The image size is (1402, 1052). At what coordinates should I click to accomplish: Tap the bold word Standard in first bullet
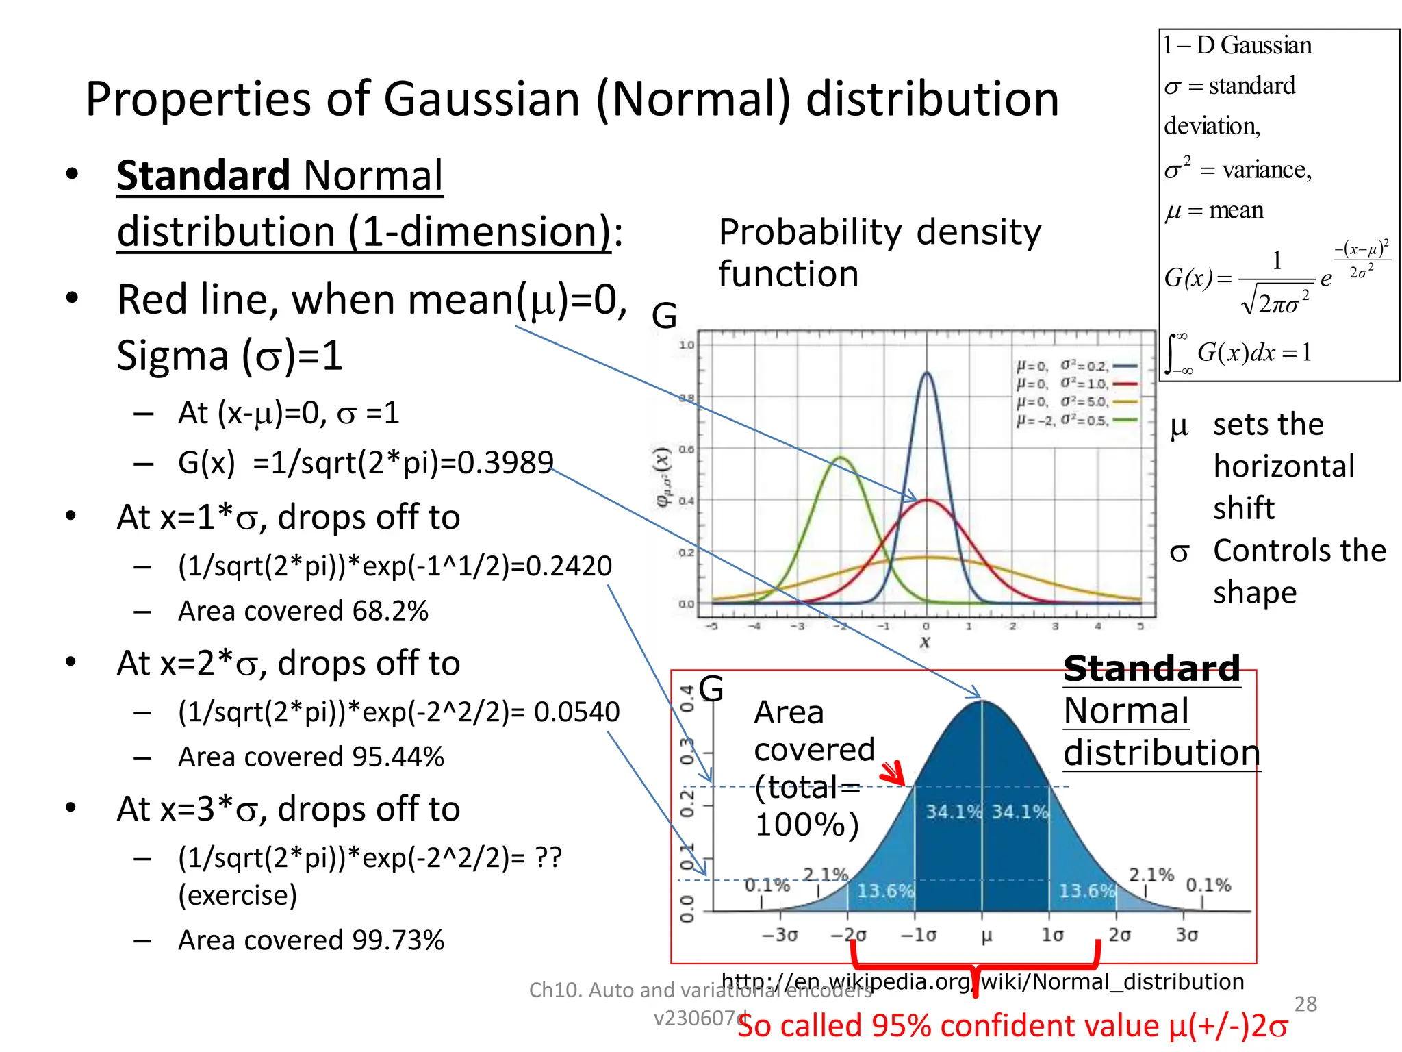pos(203,175)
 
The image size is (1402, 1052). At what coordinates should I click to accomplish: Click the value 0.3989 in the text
pos(505,463)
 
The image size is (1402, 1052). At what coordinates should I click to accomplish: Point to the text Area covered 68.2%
pos(303,611)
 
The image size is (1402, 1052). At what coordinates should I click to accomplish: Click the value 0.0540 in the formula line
pos(576,712)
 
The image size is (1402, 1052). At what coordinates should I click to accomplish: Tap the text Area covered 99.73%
pos(311,940)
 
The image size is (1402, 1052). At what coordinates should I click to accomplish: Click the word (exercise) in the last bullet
pos(238,895)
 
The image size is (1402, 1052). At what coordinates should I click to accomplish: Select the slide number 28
pos(1305,1004)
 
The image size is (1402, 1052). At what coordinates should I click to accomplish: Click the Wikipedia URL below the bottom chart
pos(982,981)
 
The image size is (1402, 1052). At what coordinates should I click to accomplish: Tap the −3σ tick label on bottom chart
pos(780,935)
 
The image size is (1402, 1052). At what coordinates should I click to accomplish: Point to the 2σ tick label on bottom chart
pos(1119,935)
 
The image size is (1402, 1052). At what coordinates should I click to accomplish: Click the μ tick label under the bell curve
pos(986,936)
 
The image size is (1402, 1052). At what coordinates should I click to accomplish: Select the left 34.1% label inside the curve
pos(953,812)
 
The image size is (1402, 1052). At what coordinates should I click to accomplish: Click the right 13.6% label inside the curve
pos(1086,891)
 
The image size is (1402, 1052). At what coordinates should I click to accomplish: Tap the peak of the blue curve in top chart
pos(927,373)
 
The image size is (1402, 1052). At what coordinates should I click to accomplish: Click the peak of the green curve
pos(841,458)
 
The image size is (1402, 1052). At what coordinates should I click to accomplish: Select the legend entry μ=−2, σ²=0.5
pos(1075,421)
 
